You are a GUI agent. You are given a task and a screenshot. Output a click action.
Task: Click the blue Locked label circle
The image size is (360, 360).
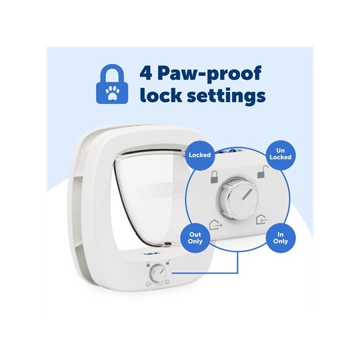[x=199, y=155]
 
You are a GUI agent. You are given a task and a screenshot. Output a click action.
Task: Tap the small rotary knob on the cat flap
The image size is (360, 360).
[x=159, y=273]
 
